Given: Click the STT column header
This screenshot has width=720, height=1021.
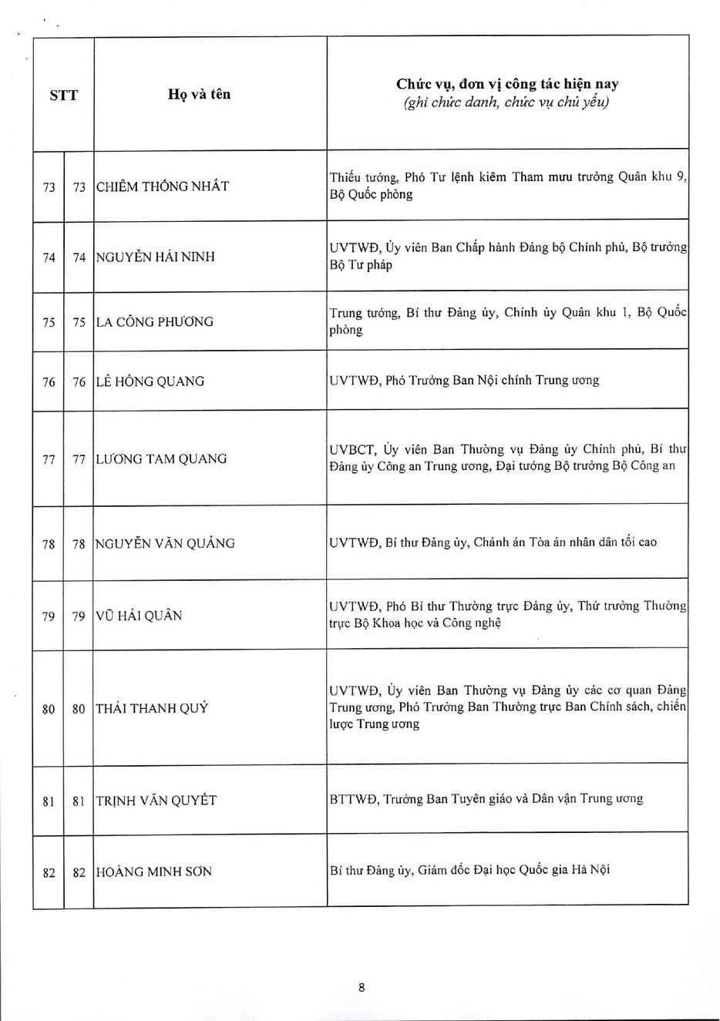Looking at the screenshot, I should (63, 96).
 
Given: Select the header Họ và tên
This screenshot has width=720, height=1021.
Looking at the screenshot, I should (199, 95).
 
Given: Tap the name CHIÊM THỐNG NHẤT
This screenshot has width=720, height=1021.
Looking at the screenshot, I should (162, 186).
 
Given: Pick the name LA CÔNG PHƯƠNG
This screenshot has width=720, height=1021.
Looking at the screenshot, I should (154, 322).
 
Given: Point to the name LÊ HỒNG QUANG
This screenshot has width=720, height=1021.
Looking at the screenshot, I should (150, 381).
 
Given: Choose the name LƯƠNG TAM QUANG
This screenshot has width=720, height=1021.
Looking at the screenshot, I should (161, 459).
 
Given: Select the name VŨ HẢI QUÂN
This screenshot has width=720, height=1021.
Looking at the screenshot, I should (139, 616).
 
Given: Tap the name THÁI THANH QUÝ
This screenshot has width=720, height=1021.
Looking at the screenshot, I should (151, 709).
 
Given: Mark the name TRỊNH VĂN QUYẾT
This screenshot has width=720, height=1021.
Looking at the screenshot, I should (156, 801).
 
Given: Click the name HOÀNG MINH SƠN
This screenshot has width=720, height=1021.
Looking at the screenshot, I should (153, 872).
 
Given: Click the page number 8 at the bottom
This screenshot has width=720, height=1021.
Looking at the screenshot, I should (361, 987).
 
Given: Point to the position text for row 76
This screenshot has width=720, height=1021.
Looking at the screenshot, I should (464, 381).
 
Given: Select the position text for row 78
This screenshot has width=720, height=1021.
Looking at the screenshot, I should (493, 542).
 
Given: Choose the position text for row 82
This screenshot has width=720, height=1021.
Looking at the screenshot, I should (469, 870).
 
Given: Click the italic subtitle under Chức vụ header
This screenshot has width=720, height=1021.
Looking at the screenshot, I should (506, 102).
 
